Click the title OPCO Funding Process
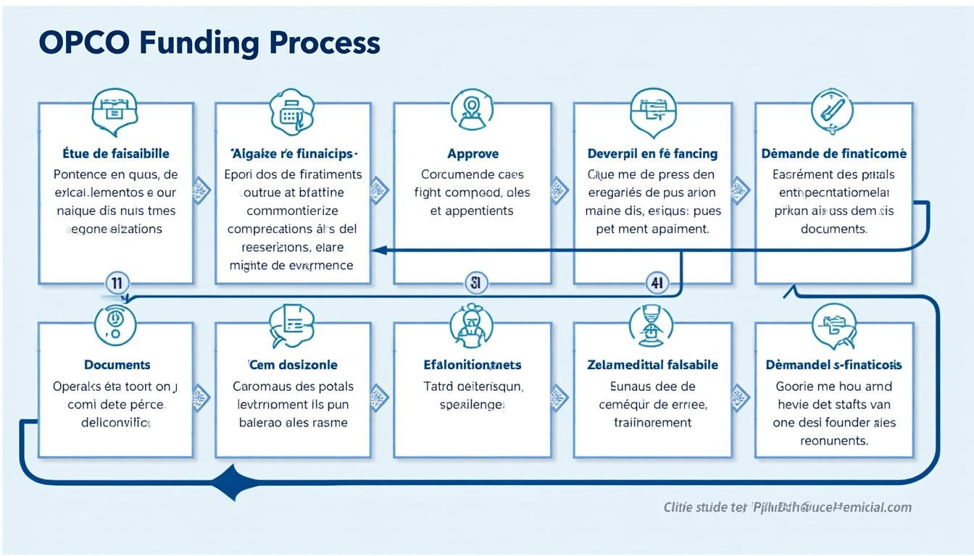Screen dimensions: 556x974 pyautogui.click(x=209, y=43)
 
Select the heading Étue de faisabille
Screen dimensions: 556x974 pyautogui.click(x=116, y=153)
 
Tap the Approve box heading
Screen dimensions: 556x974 pyautogui.click(x=473, y=153)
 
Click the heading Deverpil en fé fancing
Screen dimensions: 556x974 pyautogui.click(x=652, y=153)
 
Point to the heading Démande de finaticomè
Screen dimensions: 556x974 pyautogui.click(x=833, y=153)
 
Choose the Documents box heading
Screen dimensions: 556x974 pyautogui.click(x=117, y=365)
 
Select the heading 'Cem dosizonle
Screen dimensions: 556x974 pyautogui.click(x=293, y=365)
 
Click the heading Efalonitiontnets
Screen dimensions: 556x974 pyautogui.click(x=473, y=365)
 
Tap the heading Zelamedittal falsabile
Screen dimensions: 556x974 pyautogui.click(x=652, y=365)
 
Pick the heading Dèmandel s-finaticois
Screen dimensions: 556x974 pyautogui.click(x=833, y=365)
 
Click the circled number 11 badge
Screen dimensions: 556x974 pyautogui.click(x=117, y=283)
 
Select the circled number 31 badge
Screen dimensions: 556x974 pyautogui.click(x=475, y=283)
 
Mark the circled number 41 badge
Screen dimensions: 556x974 pyautogui.click(x=657, y=283)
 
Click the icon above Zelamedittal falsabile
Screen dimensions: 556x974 pyautogui.click(x=651, y=324)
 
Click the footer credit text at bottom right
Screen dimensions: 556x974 pyautogui.click(x=787, y=507)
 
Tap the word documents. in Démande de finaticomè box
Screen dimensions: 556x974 pyautogui.click(x=833, y=229)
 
